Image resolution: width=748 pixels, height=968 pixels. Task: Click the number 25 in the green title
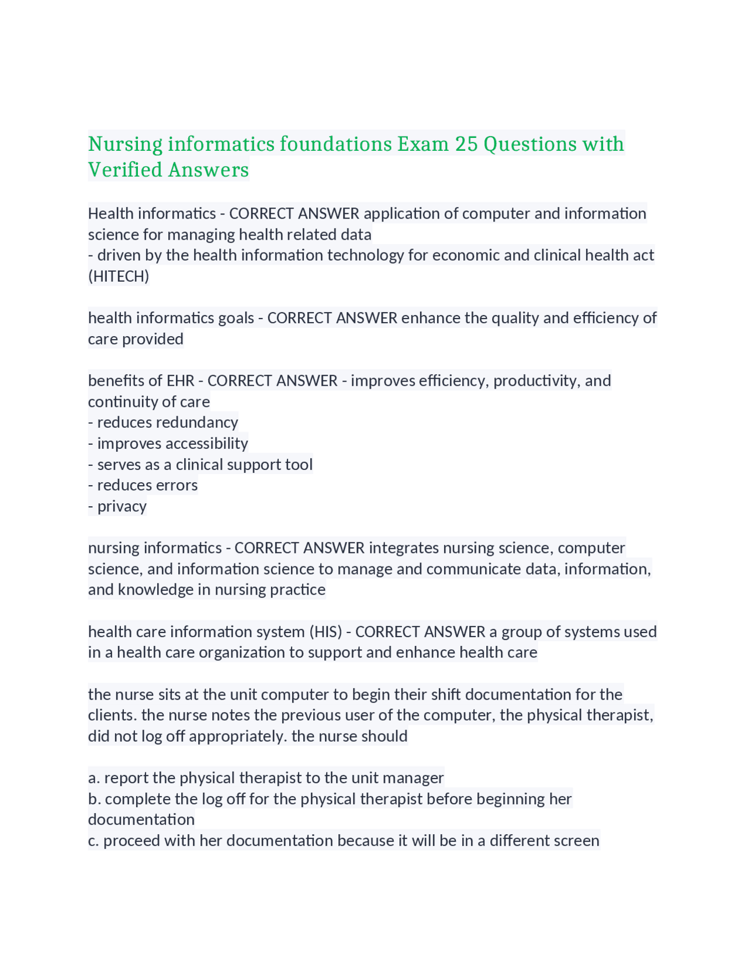pos(466,144)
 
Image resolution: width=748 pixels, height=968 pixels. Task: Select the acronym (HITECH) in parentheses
pos(119,276)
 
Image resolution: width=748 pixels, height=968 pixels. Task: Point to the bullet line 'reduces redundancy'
pos(163,422)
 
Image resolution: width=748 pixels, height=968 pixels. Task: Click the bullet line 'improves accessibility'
pos(168,443)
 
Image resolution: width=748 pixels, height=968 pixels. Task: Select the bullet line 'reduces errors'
pos(143,485)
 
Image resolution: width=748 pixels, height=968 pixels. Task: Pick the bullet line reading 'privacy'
pos(117,506)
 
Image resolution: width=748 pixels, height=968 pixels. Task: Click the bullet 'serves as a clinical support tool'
pos(200,464)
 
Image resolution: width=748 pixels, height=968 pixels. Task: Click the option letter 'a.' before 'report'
pos(94,777)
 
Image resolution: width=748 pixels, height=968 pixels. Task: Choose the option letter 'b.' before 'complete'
pos(95,798)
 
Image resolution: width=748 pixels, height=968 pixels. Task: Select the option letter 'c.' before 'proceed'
pos(93,841)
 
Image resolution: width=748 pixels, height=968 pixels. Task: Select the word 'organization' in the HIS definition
pos(242,652)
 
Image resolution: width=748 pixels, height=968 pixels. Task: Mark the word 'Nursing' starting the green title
pos(126,144)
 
